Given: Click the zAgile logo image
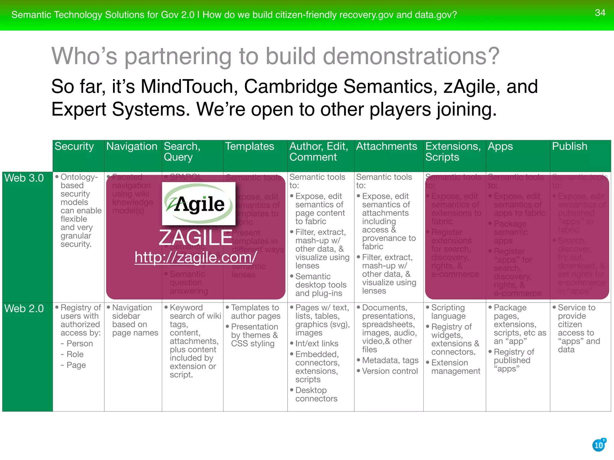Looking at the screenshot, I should [x=199, y=204].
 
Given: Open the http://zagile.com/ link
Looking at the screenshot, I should [x=196, y=257].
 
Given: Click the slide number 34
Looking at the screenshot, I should [x=600, y=13].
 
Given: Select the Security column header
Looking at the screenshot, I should [x=74, y=146].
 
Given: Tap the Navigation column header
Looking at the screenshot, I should [x=132, y=146].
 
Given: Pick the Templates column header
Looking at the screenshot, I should [x=250, y=146].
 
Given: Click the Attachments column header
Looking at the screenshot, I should [x=386, y=146].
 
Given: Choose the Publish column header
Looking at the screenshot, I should [x=570, y=146].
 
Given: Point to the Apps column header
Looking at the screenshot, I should [x=500, y=146].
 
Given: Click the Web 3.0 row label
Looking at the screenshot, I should [x=24, y=178].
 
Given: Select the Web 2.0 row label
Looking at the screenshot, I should [x=24, y=309].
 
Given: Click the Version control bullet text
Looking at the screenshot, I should [x=390, y=371].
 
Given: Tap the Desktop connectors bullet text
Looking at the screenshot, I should [x=316, y=394].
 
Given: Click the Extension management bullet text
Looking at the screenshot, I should [x=456, y=367].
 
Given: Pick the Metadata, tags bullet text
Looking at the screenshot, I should [x=390, y=361].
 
